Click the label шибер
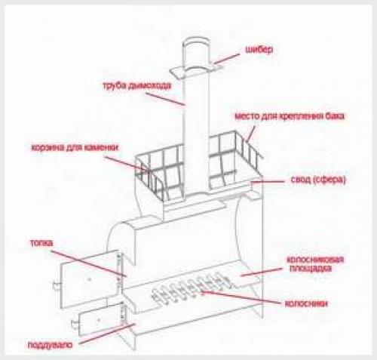click(259, 49)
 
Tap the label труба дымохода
click(137, 85)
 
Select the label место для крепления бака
click(290, 116)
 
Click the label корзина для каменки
click(75, 147)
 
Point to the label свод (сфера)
click(318, 180)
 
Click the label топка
click(41, 243)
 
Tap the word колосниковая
click(315, 260)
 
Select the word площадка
click(311, 269)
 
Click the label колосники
click(306, 303)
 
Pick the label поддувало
click(50, 345)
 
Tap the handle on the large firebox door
click(57, 286)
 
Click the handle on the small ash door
click(75, 325)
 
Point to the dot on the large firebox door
click(89, 279)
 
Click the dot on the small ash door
click(99, 320)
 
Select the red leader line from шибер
click(226, 58)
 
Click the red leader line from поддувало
click(107, 334)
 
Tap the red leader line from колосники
click(241, 297)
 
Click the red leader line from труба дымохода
click(166, 99)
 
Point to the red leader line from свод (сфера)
click(268, 181)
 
